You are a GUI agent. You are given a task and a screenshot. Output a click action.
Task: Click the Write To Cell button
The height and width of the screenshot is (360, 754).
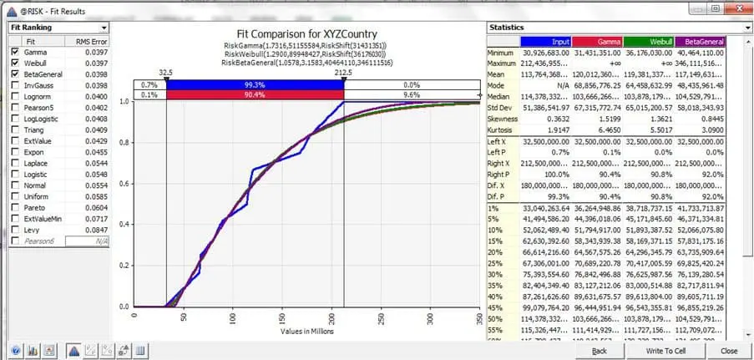[x=665, y=351]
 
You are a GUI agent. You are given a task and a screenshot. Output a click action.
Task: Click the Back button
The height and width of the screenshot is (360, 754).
[x=599, y=351]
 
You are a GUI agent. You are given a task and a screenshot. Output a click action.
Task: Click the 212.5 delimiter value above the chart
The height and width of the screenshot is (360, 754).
[x=344, y=72]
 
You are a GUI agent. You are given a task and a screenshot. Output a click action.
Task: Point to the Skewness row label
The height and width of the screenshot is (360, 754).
[x=504, y=119]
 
